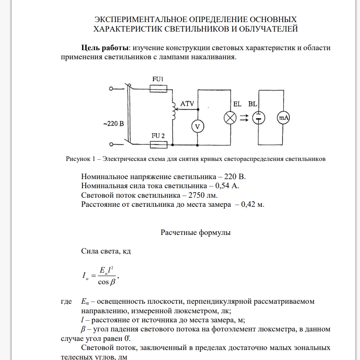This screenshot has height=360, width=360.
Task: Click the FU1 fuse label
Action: click(158, 79)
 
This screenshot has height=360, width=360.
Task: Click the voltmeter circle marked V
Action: click(198, 126)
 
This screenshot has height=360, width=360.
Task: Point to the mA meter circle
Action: click(283, 117)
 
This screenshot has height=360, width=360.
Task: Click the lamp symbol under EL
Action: click(230, 117)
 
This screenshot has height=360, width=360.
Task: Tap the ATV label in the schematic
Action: click(187, 104)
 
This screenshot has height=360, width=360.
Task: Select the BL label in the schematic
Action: click(253, 104)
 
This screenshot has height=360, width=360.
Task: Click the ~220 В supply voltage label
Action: click(114, 123)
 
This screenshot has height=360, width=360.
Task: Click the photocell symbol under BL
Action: click(259, 117)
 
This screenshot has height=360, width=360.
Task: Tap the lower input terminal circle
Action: click(111, 144)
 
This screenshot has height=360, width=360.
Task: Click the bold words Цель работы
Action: click(105, 48)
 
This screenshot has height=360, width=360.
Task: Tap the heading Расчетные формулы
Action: click(195, 232)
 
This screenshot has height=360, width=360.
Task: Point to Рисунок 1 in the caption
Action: click(80, 159)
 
